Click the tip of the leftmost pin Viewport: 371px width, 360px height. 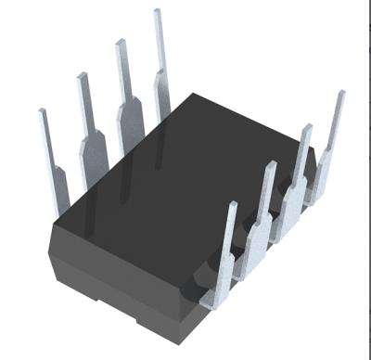coord(42,112)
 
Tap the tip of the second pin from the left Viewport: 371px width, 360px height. coord(81,76)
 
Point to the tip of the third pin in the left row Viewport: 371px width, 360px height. coord(119,43)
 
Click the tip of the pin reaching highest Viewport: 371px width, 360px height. coord(156,12)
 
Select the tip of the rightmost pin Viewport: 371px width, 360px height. coord(340,94)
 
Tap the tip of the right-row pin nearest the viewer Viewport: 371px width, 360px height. coord(234,205)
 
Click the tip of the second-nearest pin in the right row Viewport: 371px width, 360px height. coord(271,166)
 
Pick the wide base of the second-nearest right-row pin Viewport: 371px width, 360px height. coord(255,243)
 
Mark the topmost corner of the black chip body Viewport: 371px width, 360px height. coord(193,94)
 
